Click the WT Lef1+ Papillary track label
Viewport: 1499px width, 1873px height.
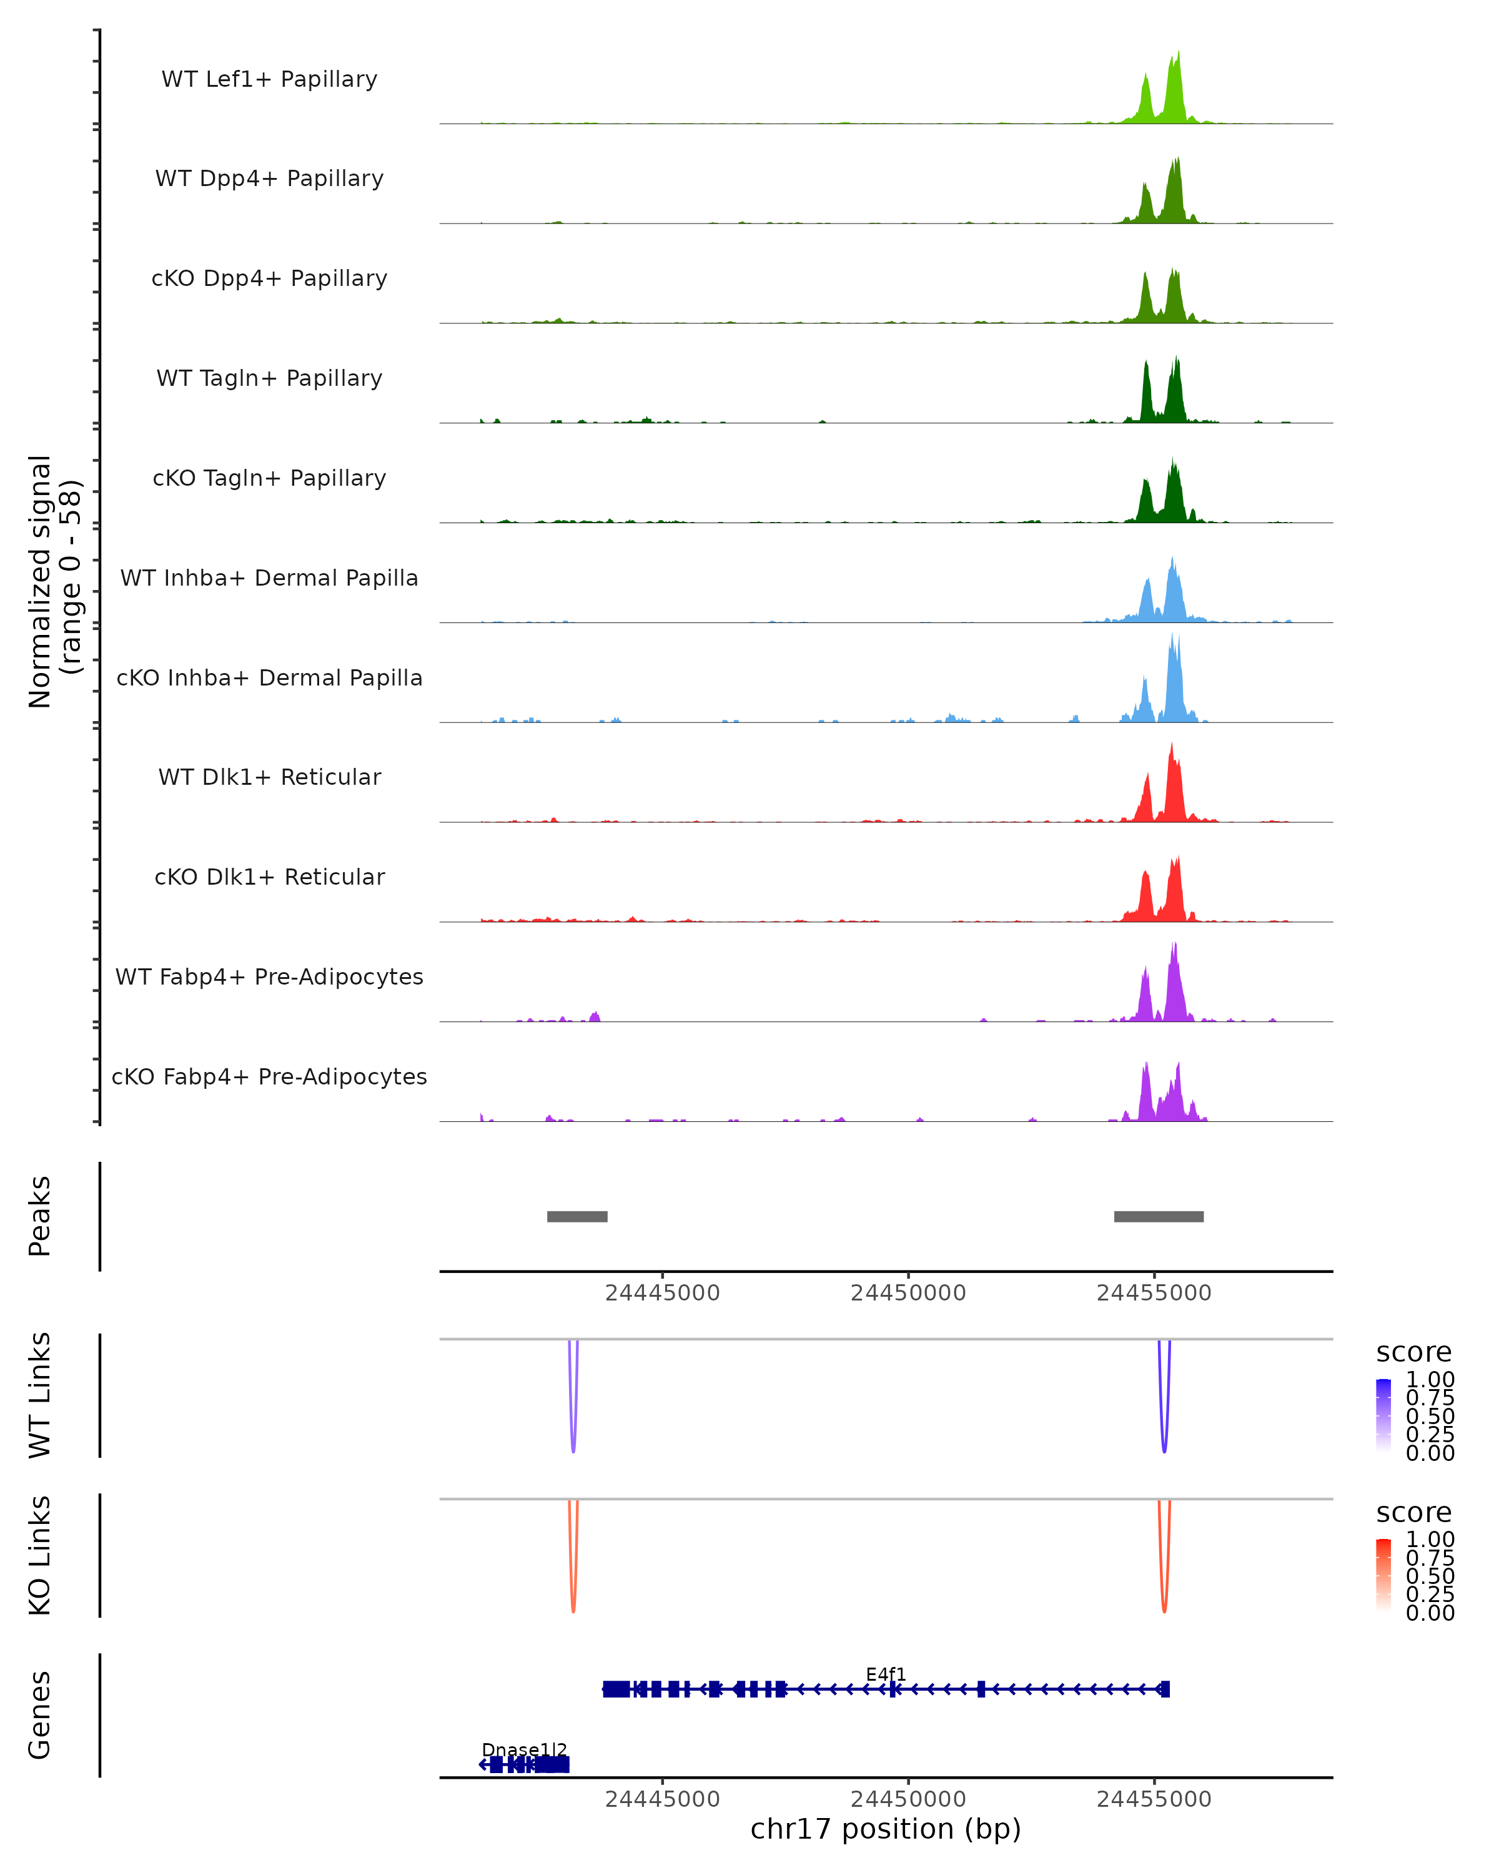coord(269,79)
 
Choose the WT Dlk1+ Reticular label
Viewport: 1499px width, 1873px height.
coord(269,777)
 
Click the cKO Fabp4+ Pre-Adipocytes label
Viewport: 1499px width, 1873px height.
coord(269,1076)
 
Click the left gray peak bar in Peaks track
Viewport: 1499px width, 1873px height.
coord(577,1216)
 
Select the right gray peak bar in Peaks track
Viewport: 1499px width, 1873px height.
coord(1159,1216)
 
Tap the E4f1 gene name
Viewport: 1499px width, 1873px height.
coord(886,1674)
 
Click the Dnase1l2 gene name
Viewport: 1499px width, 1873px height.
coord(524,1749)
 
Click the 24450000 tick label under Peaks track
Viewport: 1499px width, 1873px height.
coord(908,1293)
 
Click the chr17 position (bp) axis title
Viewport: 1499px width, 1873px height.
coord(886,1829)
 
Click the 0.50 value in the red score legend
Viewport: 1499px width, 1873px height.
coord(1430,1576)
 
